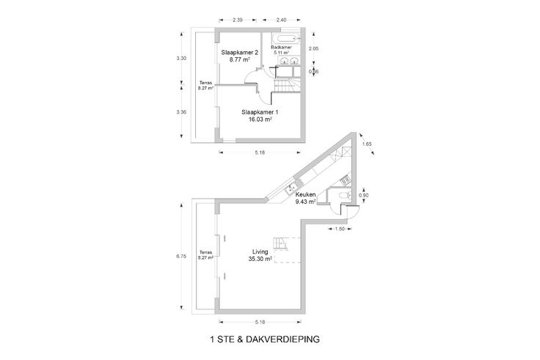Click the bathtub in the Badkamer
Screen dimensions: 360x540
(285, 37)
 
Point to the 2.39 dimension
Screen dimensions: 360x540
(238, 20)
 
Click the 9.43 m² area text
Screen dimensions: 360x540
(305, 203)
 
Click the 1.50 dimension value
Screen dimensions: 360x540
(340, 229)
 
